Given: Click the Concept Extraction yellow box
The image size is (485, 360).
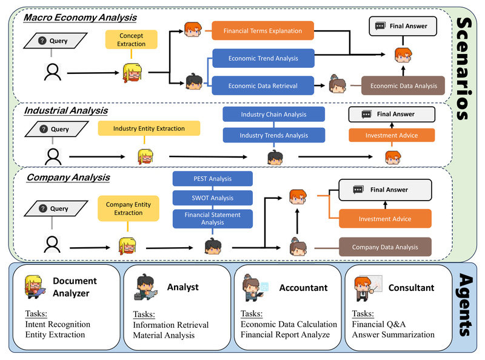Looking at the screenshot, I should [x=132, y=40].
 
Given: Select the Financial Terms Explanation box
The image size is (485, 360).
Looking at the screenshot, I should [x=263, y=30].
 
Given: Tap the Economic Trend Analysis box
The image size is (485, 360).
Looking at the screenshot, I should [x=263, y=59].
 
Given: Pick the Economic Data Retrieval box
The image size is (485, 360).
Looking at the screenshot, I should [x=263, y=85].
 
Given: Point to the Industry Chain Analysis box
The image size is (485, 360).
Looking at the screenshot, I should [x=273, y=115].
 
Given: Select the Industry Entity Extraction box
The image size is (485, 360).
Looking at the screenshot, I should [x=149, y=128].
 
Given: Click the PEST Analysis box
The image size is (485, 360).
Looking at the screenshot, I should [x=212, y=179].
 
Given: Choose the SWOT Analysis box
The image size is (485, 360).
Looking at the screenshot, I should [x=212, y=198].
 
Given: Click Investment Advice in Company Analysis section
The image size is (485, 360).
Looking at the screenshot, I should [x=384, y=219].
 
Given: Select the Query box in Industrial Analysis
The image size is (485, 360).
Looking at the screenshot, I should [x=55, y=129].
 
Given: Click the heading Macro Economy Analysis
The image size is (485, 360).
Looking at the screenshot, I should [x=80, y=18].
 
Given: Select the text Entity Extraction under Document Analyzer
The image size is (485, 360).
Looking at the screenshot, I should [x=55, y=335].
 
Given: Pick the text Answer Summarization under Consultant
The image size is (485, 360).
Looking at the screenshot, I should [x=392, y=335].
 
